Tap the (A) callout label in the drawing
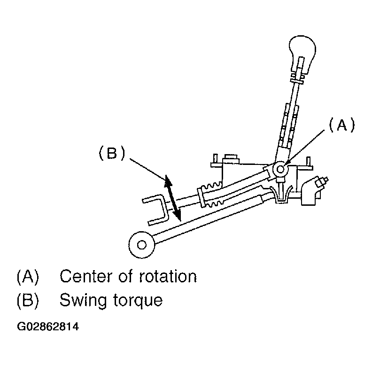point(341,125)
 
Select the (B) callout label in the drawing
point(111,154)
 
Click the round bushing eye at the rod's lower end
point(141,244)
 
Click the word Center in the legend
point(87,276)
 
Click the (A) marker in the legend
point(28,276)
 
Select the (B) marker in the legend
point(28,300)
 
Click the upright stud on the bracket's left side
point(215,159)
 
